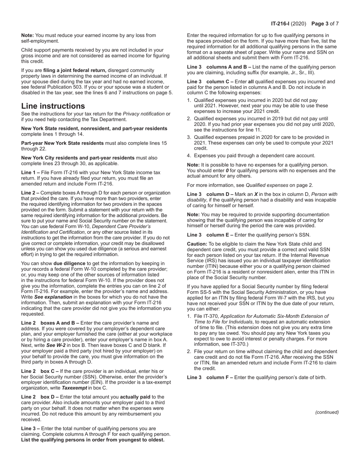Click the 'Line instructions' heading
[53, 106]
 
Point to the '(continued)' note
[327, 412]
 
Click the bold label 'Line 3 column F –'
[210, 377]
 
